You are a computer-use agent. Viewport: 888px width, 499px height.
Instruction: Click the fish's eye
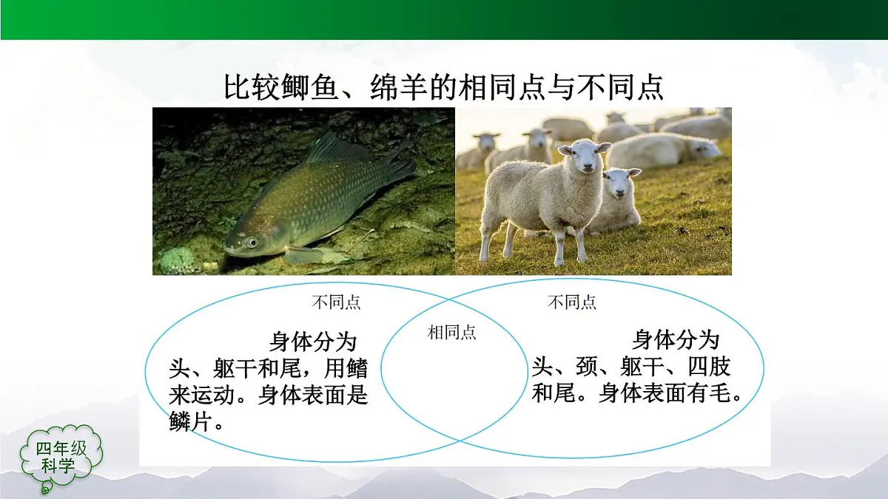tap(253, 242)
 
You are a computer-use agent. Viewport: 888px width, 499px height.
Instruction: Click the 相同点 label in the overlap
tap(452, 333)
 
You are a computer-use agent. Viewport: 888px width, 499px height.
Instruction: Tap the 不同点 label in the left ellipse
tap(337, 302)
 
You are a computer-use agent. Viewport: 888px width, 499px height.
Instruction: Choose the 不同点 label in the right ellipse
tap(572, 302)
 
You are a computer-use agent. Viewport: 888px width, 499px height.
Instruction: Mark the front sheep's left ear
tap(565, 149)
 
